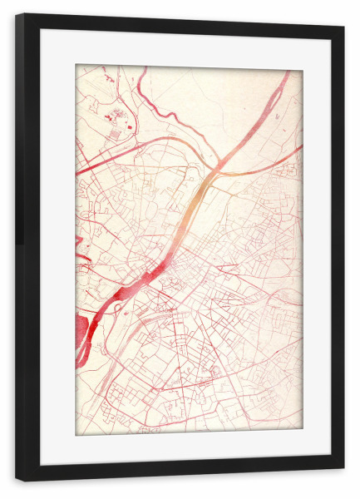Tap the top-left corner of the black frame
click(17, 16)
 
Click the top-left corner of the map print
click(76, 66)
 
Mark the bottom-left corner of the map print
click(76, 434)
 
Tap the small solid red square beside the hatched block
click(130, 126)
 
